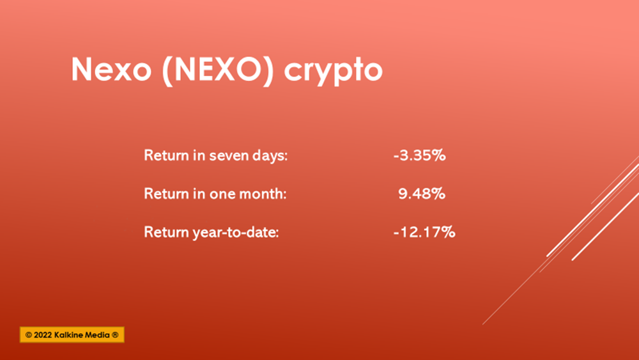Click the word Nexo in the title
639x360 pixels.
pos(111,69)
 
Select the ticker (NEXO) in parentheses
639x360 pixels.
pos(218,70)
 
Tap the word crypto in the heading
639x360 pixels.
pos(334,72)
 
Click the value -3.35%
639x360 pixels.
pos(419,155)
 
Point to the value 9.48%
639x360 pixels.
pos(421,194)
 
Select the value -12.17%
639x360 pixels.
pos(424,232)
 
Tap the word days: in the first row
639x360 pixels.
pos(270,156)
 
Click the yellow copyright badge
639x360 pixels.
pos(72,334)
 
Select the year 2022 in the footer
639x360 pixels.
pos(42,335)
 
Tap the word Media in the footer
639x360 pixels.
pos(97,335)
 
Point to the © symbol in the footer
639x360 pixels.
pos(29,335)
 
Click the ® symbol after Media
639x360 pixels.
pos(115,335)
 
